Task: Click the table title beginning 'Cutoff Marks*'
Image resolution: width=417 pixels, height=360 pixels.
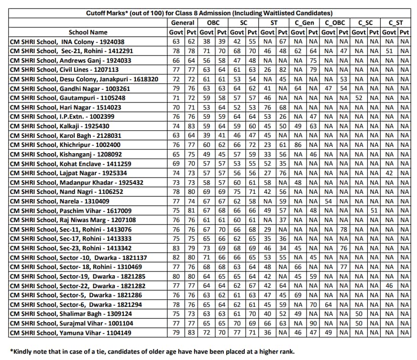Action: [209, 13]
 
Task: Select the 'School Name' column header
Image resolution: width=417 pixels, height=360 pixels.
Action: [88, 32]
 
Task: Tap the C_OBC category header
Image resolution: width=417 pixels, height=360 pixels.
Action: [335, 22]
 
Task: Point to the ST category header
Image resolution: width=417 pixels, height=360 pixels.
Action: [274, 22]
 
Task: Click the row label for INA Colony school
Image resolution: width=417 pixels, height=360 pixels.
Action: [67, 42]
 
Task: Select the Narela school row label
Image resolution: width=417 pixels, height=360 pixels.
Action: [60, 201]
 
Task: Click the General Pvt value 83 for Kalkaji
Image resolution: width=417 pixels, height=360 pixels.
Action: [191, 126]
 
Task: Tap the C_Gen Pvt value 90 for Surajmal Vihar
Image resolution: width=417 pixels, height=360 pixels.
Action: [313, 323]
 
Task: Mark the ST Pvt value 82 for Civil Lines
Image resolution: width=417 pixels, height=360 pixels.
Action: [283, 70]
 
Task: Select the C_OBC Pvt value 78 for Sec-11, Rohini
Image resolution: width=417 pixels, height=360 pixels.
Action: [343, 229]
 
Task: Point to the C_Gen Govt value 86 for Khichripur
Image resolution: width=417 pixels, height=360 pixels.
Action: [298, 145]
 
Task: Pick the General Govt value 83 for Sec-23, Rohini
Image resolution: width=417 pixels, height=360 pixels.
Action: [176, 248]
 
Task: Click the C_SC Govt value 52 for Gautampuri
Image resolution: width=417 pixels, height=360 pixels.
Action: [359, 98]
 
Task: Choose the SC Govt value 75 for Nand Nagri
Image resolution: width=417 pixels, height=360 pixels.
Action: [237, 191]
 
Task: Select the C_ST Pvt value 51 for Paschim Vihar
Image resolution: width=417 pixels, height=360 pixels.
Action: [374, 210]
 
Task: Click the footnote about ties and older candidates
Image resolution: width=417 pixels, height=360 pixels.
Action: [152, 351]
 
